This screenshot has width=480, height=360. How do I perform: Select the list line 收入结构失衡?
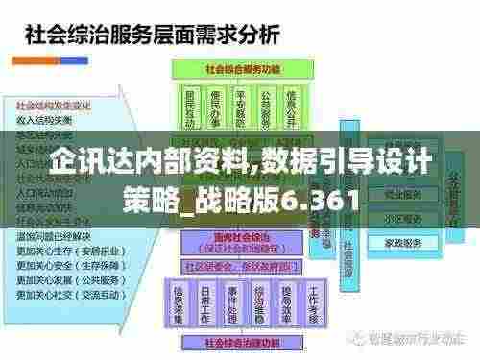pos(45,119)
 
